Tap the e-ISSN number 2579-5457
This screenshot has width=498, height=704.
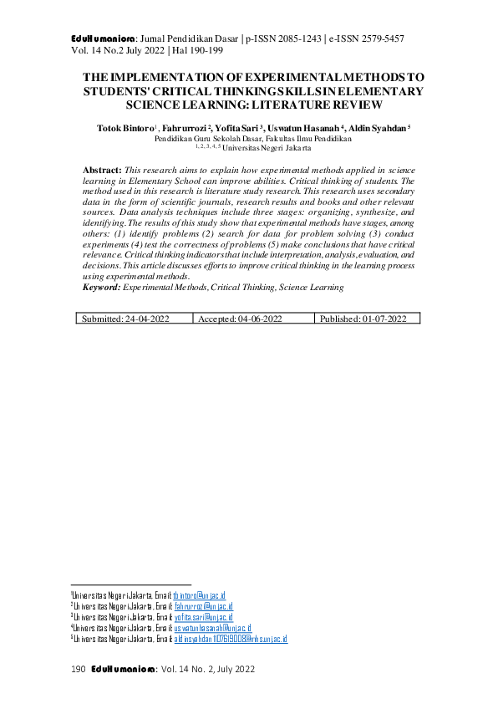380,38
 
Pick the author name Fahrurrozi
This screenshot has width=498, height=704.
182,128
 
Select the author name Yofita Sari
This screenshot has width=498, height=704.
236,128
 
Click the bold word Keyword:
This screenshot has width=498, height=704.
102,287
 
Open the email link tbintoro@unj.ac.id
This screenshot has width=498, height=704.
205,594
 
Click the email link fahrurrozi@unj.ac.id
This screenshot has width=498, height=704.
204,606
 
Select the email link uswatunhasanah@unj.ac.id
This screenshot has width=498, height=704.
212,628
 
